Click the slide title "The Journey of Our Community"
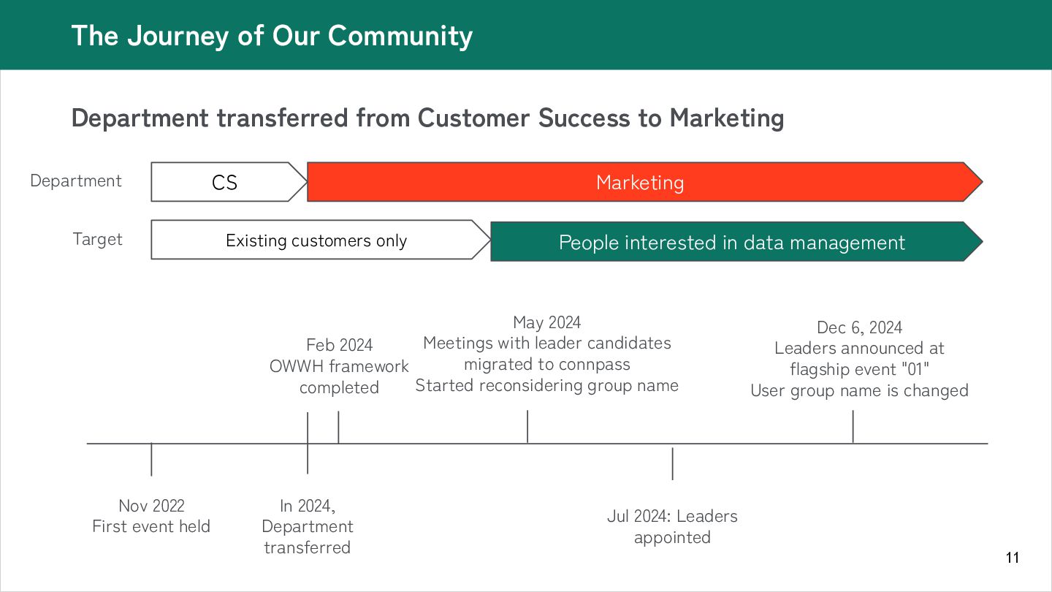point(272,36)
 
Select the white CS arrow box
point(225,182)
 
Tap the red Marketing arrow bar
point(640,182)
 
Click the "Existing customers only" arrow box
point(316,240)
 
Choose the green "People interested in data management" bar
point(731,242)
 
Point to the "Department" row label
point(76,181)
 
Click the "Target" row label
point(98,239)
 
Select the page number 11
point(1012,558)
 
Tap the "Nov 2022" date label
point(151,505)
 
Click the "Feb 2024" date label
point(339,345)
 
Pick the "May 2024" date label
point(546,322)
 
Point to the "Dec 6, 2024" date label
point(859,327)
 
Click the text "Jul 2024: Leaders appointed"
point(672,526)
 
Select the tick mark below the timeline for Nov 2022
point(151,460)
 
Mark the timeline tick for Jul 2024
point(672,463)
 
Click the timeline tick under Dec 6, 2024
point(853,427)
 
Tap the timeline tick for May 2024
point(527,427)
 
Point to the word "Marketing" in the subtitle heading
point(726,118)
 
